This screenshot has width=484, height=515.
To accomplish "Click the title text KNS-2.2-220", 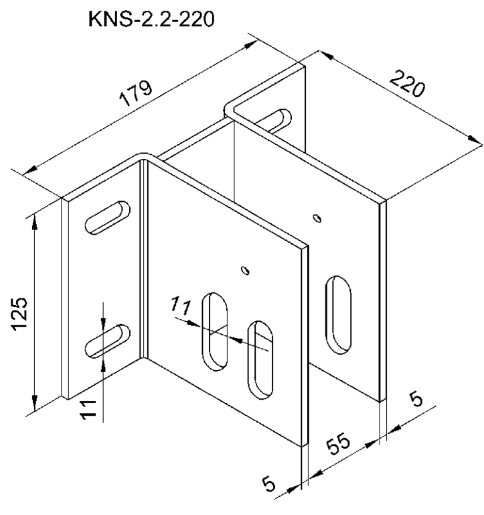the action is coord(151,19).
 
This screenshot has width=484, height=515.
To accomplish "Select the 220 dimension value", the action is coord(407,83).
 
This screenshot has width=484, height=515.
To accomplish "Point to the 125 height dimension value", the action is coord(19,314).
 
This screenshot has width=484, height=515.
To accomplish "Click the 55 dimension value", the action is coord(339,443).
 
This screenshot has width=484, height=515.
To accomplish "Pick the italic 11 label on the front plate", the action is coord(181,306).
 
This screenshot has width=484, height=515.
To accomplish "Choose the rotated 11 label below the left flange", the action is coord(88,409).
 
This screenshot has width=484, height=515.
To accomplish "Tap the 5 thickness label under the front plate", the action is coord(269,483).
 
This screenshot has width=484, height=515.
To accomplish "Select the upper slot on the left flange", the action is coord(108,217).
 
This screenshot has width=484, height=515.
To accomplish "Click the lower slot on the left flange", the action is coord(108,341).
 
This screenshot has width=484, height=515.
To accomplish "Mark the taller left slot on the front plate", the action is coord(215,332).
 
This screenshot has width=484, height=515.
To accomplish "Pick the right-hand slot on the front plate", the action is coord(260,360).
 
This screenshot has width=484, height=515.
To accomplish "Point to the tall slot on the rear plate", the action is coord(339,314).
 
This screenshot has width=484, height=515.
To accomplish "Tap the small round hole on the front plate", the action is coord(245,270).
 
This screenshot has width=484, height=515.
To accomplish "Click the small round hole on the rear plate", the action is coord(317,218).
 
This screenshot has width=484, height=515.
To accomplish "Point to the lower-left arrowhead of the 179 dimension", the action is coord(30,170).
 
